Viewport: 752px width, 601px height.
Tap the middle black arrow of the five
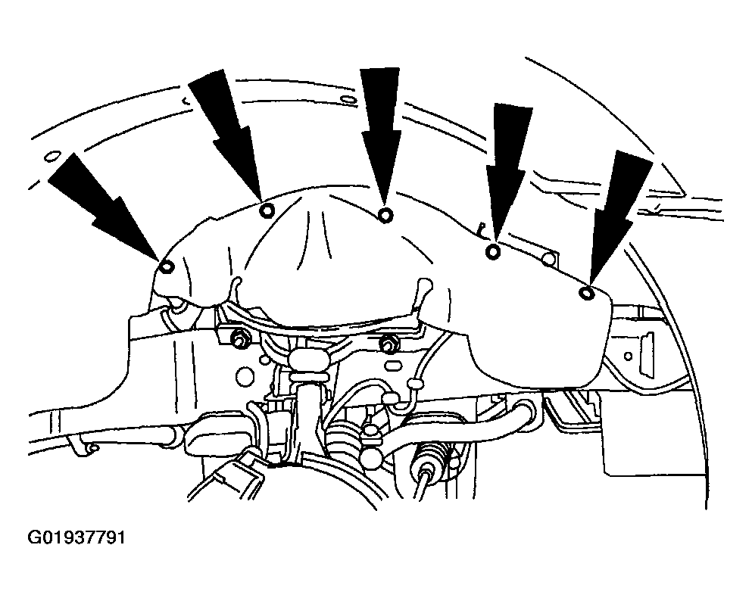click(x=381, y=136)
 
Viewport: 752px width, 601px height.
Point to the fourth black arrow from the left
click(x=508, y=173)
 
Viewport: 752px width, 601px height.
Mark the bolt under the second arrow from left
click(x=267, y=210)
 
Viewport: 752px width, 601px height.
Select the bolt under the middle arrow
click(x=385, y=215)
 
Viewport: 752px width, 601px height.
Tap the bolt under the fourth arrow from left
click(x=492, y=251)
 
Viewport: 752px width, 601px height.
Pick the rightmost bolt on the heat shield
click(x=586, y=294)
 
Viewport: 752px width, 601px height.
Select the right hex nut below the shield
click(x=386, y=341)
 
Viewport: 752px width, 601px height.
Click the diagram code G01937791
click(x=76, y=537)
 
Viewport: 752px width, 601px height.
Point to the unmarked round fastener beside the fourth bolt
click(x=548, y=260)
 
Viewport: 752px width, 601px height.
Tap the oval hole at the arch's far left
click(x=51, y=157)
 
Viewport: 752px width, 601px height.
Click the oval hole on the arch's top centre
click(x=347, y=100)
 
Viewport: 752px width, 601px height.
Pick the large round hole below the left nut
click(x=245, y=375)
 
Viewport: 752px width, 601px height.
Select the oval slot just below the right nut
click(x=393, y=366)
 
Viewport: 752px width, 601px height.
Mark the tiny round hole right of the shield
click(x=628, y=356)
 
